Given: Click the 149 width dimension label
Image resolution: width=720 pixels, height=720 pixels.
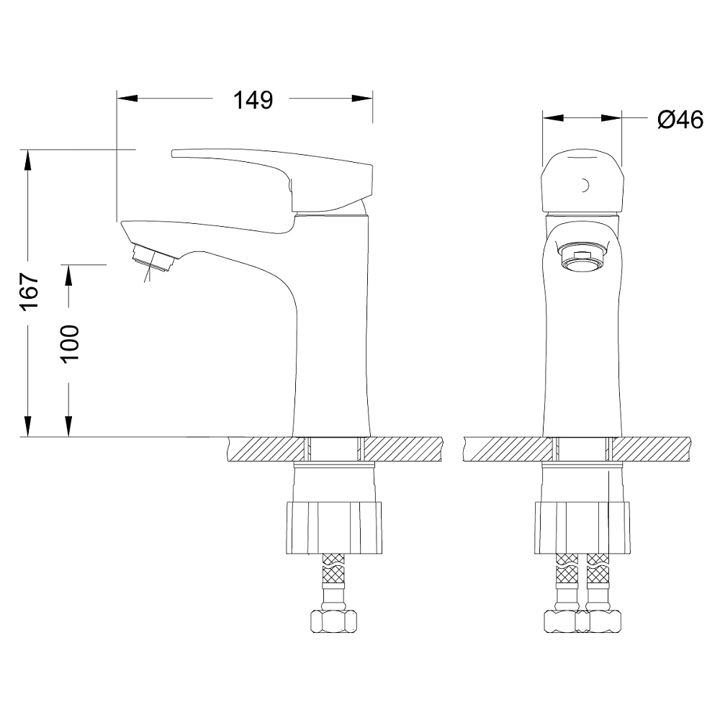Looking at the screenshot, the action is (253, 99).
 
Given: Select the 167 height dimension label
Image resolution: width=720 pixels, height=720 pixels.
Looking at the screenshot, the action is (29, 292).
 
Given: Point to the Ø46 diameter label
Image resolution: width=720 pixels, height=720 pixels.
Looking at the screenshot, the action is (680, 120).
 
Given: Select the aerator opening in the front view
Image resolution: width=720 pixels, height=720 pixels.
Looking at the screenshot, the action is (582, 262).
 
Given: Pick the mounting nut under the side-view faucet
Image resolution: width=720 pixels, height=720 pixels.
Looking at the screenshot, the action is (334, 528).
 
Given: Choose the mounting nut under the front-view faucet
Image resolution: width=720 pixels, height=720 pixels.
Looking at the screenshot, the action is (582, 528).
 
